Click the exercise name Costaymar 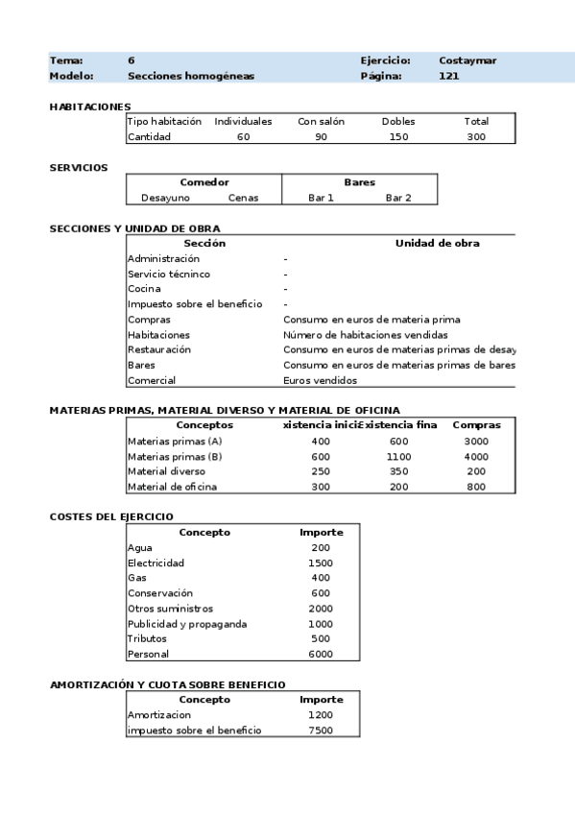[467, 60]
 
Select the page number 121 [448, 76]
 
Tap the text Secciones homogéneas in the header [191, 76]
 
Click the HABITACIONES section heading [90, 107]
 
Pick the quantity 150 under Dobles [398, 137]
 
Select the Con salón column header [321, 122]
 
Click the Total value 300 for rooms [476, 137]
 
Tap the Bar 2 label [398, 198]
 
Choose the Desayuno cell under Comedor [165, 198]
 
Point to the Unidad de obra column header [437, 243]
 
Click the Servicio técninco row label [169, 274]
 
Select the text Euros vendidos [320, 380]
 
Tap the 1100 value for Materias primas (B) [398, 456]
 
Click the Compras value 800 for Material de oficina [476, 487]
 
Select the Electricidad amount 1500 [321, 563]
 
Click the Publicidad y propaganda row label [187, 624]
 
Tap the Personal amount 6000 [321, 655]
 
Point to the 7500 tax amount [321, 730]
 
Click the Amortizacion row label [159, 715]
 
